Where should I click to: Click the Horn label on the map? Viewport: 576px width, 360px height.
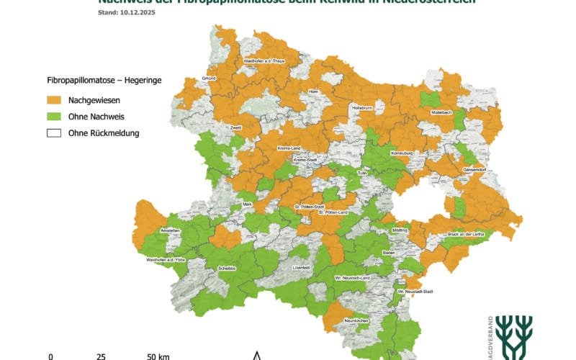313,92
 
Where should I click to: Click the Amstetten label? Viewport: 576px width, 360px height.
170,230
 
